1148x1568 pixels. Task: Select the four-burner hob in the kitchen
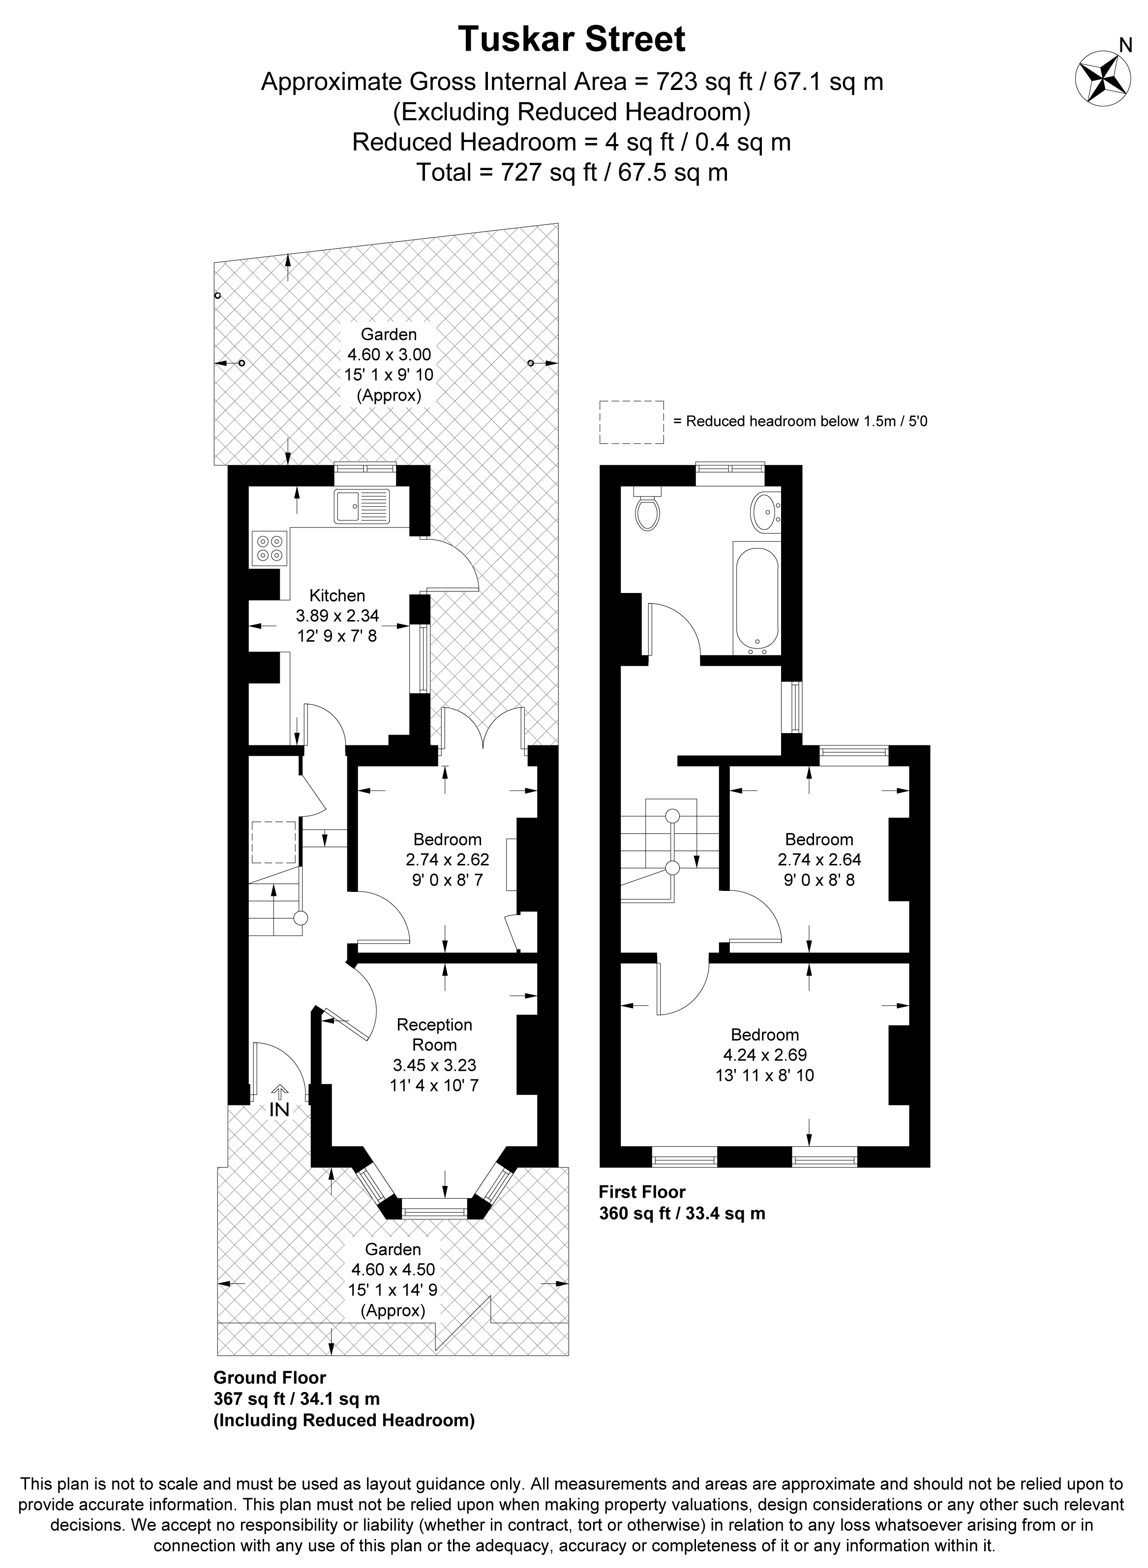click(x=271, y=547)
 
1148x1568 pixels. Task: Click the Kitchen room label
click(x=337, y=595)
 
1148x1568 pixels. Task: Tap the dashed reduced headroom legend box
click(x=632, y=422)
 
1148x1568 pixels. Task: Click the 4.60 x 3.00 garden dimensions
click(x=389, y=355)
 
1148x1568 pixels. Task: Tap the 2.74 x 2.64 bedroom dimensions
click(x=819, y=859)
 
